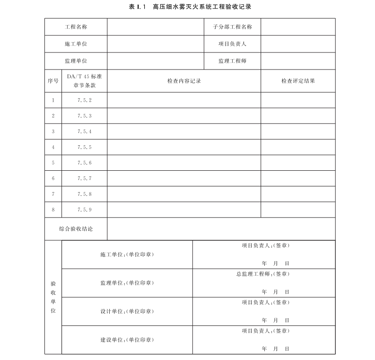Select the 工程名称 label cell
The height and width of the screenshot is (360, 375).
point(76,26)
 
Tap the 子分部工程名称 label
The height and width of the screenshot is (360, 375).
point(232,26)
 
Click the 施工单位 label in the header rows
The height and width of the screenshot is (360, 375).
point(76,44)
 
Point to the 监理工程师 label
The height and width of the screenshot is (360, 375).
point(232,61)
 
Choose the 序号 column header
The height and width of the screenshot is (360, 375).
point(53,81)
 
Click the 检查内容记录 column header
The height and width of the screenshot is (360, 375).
point(184,81)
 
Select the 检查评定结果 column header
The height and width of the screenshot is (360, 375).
point(298,81)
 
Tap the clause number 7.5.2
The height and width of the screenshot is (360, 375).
point(84,100)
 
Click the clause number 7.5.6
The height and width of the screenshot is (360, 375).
point(84,163)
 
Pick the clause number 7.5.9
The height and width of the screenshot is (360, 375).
point(84,210)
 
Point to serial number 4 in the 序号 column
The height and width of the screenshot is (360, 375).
point(53,147)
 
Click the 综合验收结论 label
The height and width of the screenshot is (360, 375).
point(76,229)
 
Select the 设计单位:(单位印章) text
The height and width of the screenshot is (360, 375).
point(127,311)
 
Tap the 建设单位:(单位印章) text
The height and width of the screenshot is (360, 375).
point(127,340)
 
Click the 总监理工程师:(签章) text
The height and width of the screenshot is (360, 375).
point(263,273)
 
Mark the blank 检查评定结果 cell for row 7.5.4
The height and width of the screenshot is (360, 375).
point(298,132)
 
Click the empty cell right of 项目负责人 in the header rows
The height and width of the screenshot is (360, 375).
point(298,44)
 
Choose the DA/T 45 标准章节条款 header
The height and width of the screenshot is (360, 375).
point(84,81)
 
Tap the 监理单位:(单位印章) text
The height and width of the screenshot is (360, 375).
point(127,283)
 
